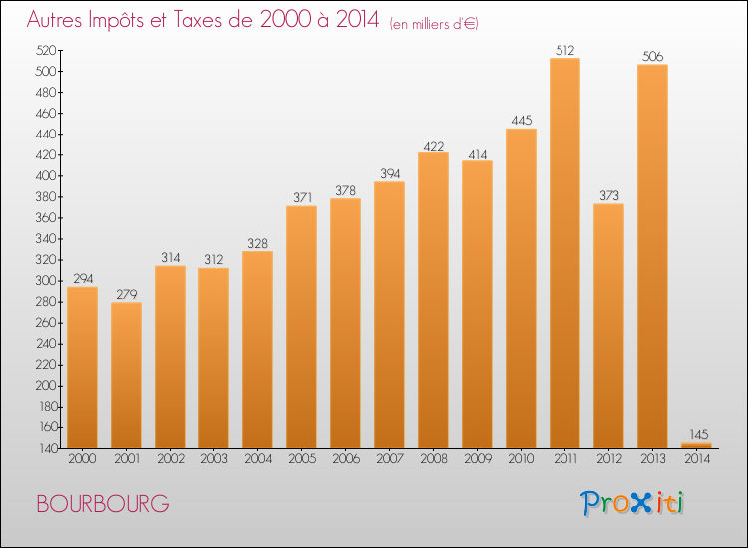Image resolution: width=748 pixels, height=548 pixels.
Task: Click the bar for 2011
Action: pos(564,254)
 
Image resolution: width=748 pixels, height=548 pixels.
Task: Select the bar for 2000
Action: pos(82,368)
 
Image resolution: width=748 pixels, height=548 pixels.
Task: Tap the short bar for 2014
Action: pos(696,445)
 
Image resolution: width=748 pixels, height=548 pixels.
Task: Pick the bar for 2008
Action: pos(433,300)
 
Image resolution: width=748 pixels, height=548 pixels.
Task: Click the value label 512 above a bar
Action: pos(564,50)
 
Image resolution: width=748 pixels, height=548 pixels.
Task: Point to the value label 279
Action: pos(126,294)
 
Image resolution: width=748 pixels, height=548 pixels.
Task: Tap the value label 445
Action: pos(521,121)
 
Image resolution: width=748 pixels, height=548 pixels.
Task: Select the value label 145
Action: pos(696,434)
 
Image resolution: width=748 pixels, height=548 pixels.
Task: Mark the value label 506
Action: pos(652,57)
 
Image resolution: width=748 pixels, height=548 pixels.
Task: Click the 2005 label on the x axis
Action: pos(301,459)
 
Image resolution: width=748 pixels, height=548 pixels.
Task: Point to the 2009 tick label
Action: pos(477,459)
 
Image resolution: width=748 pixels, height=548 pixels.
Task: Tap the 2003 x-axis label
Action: pos(213,459)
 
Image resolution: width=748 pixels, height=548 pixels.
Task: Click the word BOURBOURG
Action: pos(102,504)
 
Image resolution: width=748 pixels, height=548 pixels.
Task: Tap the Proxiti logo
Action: pos(632,503)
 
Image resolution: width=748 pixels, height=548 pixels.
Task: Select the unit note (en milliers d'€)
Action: pos(434,24)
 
